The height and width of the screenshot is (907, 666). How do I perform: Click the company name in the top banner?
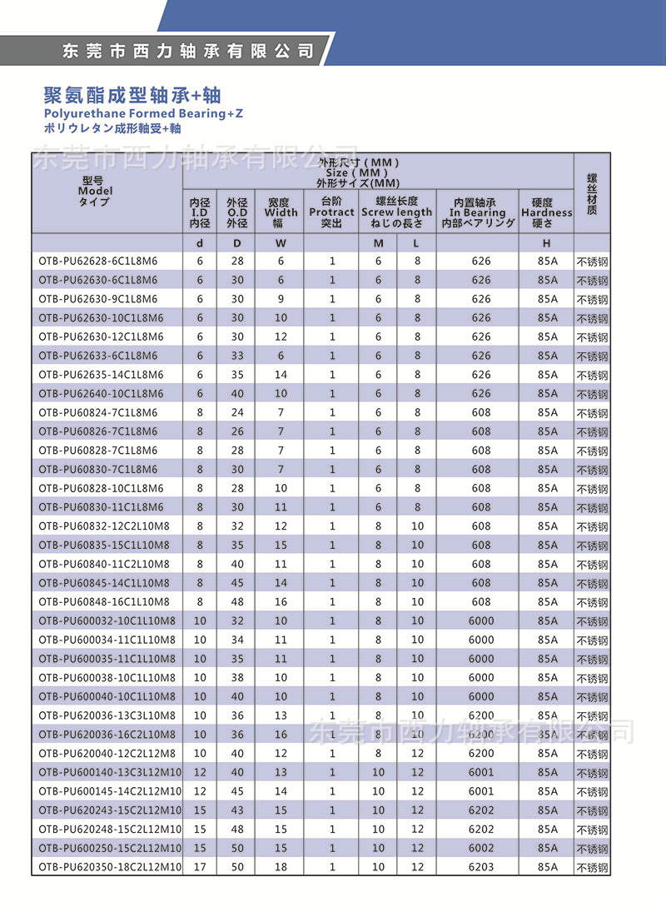point(189,51)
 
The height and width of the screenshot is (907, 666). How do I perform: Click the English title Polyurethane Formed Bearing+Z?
point(143,113)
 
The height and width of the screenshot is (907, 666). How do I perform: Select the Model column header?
point(93,191)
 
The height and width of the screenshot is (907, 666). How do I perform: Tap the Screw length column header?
point(396,212)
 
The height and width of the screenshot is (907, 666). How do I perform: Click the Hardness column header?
point(546,212)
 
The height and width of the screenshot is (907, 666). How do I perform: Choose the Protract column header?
point(331,212)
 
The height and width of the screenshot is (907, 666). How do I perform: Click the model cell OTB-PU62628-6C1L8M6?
point(97,262)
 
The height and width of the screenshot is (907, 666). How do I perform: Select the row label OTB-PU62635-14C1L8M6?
point(101,375)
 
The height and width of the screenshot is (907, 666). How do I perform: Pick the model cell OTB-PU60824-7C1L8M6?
point(97,413)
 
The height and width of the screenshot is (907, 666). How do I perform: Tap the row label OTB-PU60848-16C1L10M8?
point(104,602)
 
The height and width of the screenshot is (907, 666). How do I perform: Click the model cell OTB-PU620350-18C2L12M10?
point(110,868)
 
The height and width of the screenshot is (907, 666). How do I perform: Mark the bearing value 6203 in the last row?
point(481,868)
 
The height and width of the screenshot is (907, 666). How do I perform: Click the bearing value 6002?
point(481,849)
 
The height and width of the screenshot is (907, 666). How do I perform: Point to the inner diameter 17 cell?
point(200,868)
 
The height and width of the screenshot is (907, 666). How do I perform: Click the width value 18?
point(281,868)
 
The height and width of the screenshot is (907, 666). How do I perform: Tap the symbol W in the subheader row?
point(281,243)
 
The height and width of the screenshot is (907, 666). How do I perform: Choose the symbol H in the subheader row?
point(546,243)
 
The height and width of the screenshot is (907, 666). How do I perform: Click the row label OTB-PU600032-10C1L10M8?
point(107,621)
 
